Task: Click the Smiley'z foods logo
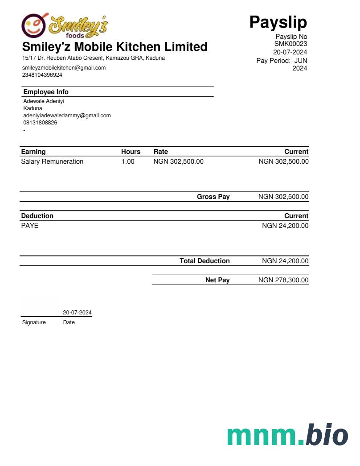click(x=65, y=25)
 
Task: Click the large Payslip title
click(x=278, y=22)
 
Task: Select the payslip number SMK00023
click(x=290, y=44)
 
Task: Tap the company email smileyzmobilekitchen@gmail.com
click(x=64, y=68)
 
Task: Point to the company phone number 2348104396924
click(x=42, y=75)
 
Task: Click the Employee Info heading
click(x=46, y=92)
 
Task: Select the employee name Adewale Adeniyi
click(x=44, y=101)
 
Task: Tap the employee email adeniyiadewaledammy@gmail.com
click(x=67, y=115)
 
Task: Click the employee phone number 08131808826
click(x=40, y=123)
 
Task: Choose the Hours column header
click(x=131, y=152)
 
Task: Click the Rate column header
click(x=160, y=152)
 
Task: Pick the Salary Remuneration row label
click(x=52, y=161)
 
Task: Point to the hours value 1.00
click(x=128, y=161)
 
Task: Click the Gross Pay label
click(x=213, y=197)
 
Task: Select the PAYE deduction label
click(x=30, y=226)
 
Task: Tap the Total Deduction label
click(x=205, y=261)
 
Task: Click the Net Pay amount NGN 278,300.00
click(x=283, y=280)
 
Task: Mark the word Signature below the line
click(x=34, y=322)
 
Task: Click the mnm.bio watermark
click(x=287, y=435)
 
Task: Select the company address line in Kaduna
click(x=94, y=58)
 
